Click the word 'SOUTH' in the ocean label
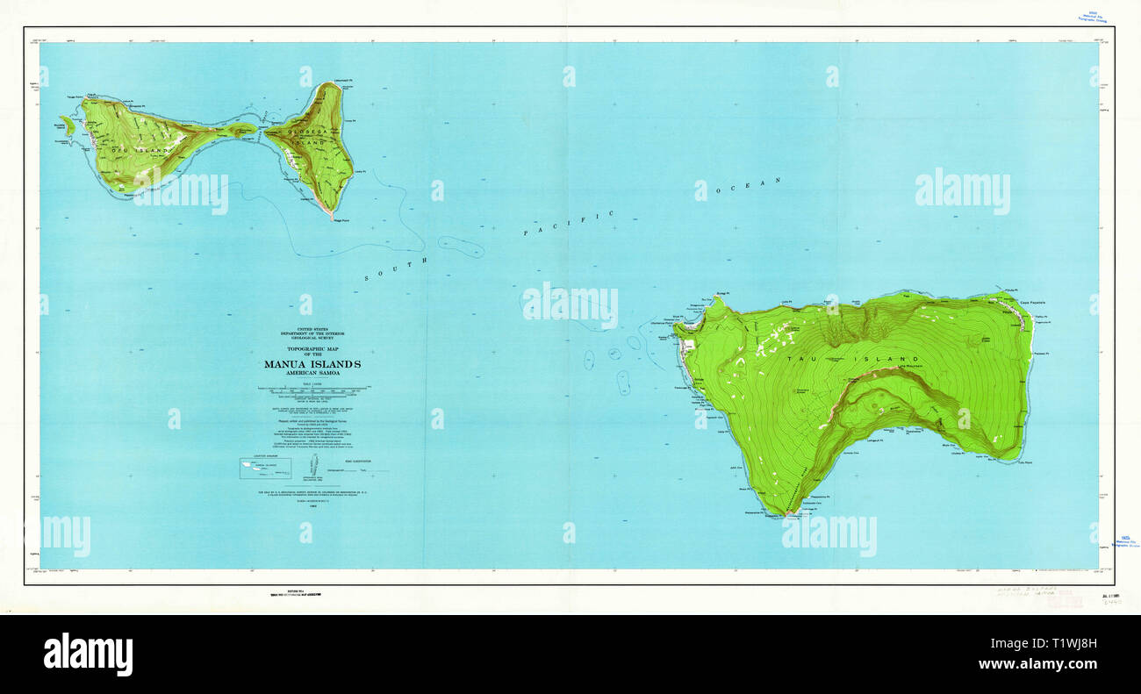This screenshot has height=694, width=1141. (x=395, y=269)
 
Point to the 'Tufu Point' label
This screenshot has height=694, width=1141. (x=1025, y=462)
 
